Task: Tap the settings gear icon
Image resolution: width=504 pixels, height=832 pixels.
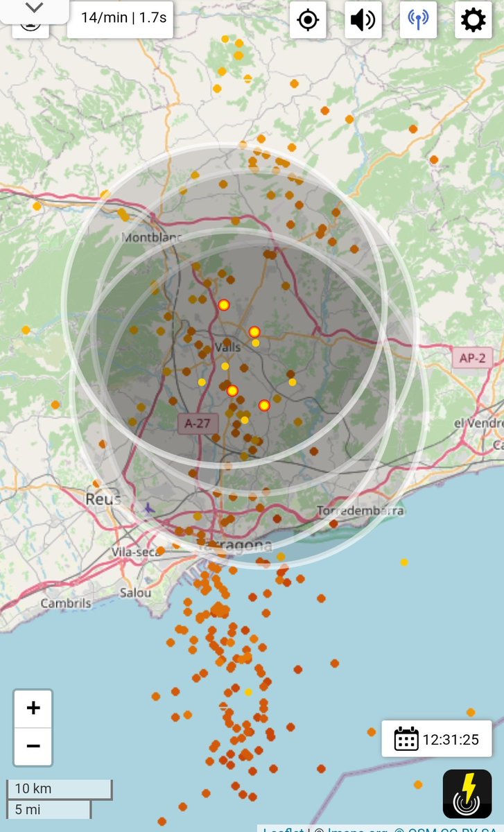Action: [x=473, y=19]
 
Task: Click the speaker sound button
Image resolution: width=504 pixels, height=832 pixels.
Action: [x=363, y=19]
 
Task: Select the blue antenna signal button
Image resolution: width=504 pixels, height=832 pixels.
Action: [x=418, y=19]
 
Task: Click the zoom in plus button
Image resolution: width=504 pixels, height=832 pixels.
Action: [x=33, y=708]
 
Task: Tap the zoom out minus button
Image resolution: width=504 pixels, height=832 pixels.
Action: [x=33, y=746]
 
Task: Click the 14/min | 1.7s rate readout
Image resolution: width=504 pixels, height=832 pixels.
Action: [x=119, y=18]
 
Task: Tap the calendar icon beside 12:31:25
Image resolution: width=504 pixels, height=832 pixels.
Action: [x=406, y=739]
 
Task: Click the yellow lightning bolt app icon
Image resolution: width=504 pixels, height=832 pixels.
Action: [x=467, y=794]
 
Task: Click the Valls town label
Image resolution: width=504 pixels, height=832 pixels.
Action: [x=228, y=347]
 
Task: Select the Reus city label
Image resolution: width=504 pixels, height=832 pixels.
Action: [x=102, y=499]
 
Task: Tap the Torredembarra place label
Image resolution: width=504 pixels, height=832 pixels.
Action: [x=360, y=511]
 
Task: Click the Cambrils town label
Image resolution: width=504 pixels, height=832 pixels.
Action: [x=65, y=603]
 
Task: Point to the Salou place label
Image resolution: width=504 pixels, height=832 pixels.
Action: [x=135, y=593]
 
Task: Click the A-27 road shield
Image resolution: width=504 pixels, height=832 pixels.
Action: [x=198, y=423]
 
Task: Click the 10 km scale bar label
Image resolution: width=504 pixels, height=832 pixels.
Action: [x=33, y=789]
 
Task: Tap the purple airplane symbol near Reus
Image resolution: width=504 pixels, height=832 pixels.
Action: [x=148, y=509]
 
